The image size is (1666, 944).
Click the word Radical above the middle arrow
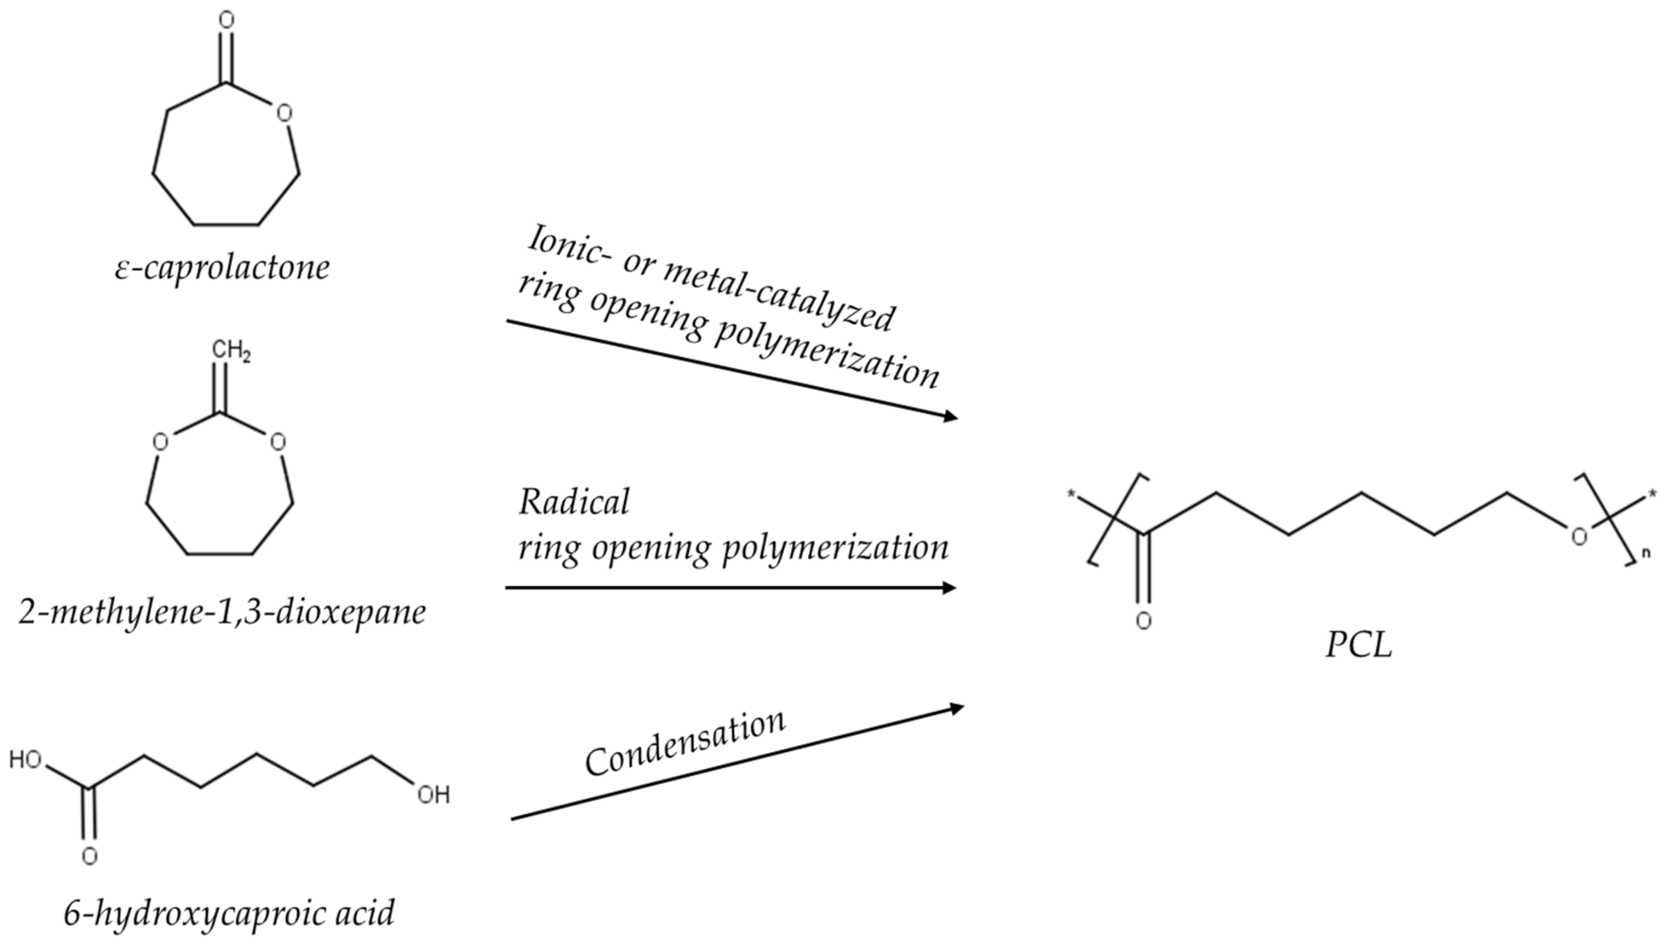573,502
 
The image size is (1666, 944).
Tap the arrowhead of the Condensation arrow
956,708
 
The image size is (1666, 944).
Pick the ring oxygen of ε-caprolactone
284,113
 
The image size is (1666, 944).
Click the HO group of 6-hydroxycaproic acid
26,760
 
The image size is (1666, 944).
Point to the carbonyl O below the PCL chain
1143,621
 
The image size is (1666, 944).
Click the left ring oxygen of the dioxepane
160,443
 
